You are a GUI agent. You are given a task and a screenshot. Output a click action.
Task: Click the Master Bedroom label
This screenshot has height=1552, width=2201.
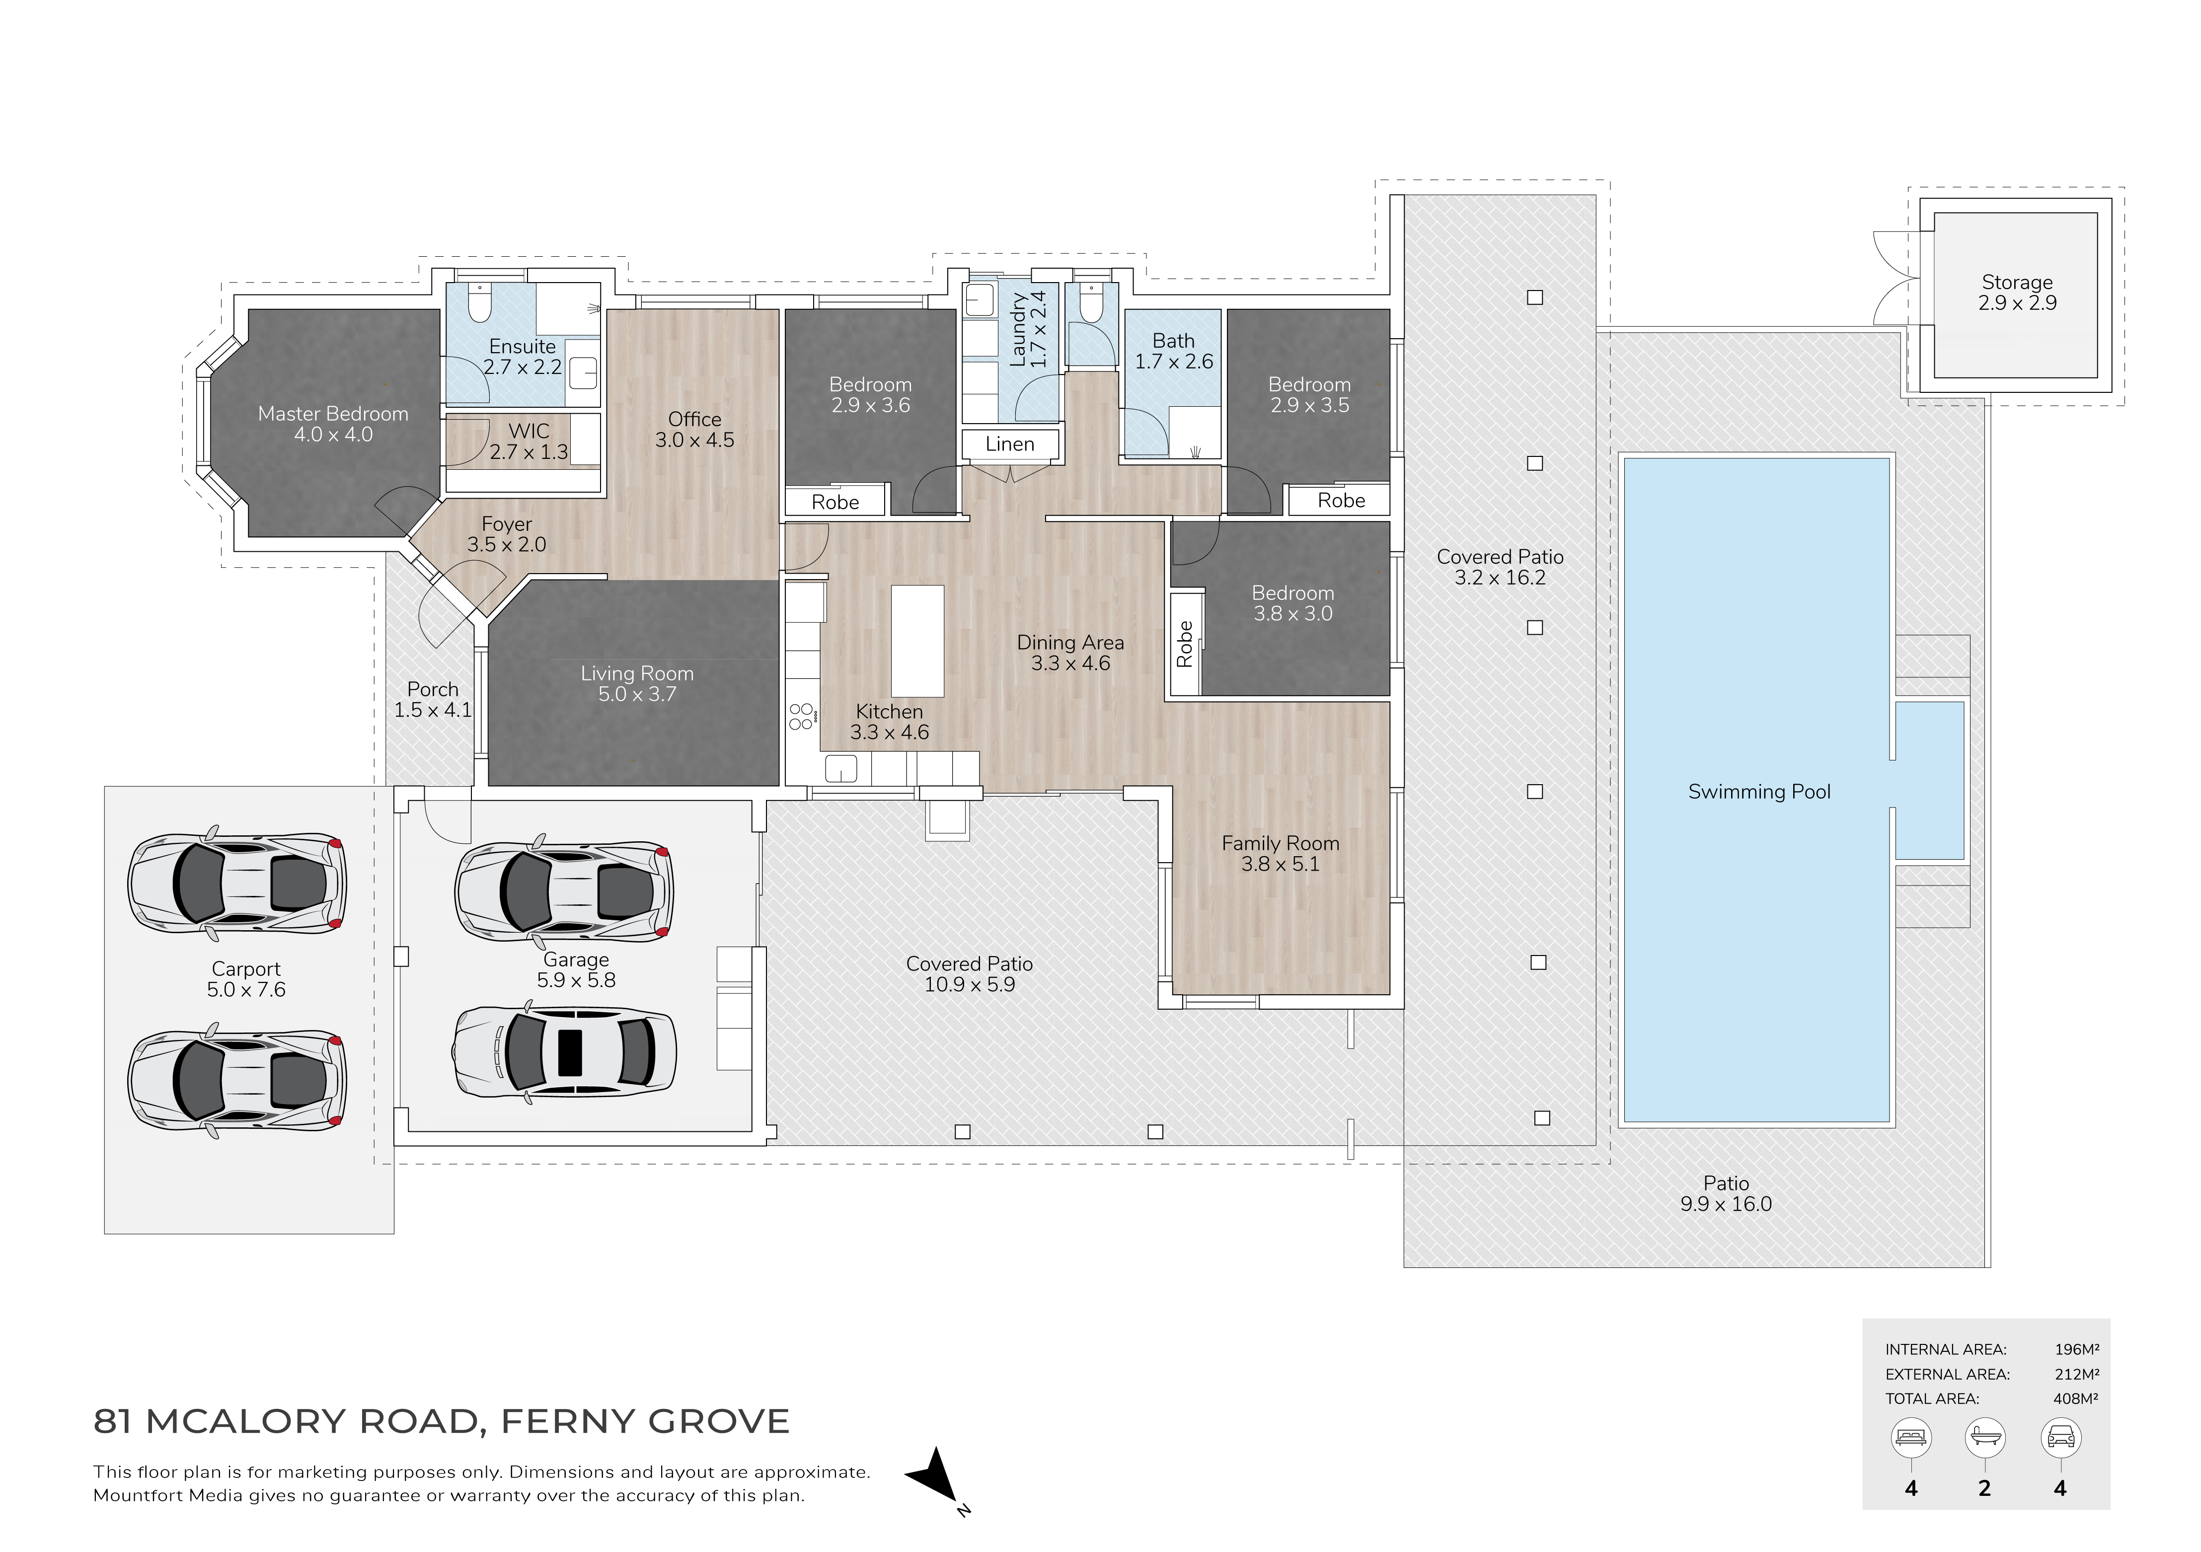[x=333, y=414]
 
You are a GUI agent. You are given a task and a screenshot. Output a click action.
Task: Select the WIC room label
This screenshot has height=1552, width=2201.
[x=529, y=432]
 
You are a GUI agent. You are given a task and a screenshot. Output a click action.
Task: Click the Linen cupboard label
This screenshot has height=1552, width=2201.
[x=1009, y=444]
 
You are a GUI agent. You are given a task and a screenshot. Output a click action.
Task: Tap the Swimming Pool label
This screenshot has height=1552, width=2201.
[x=1759, y=792]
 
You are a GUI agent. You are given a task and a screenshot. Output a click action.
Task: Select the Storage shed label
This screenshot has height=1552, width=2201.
[x=2017, y=283]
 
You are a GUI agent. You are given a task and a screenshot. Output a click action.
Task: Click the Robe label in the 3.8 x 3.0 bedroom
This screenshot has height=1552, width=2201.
[x=1185, y=644]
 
